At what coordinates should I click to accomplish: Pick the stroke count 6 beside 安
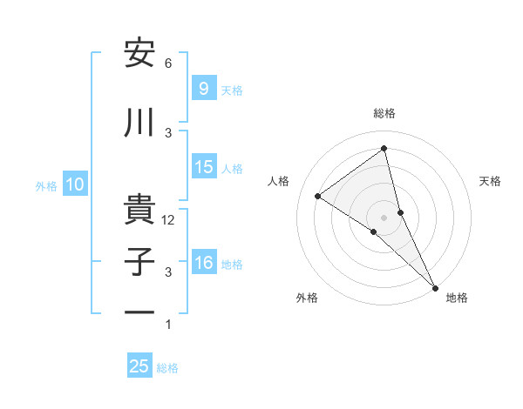coord(168,64)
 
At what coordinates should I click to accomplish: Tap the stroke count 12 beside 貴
coord(169,220)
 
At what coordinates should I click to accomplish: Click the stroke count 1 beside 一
coord(168,325)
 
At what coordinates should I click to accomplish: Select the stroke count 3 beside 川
coord(168,132)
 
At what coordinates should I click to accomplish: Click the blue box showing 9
coord(203,88)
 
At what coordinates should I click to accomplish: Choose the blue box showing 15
coord(204,167)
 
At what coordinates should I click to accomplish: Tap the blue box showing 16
coord(204,263)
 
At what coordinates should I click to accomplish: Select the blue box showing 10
coord(74,184)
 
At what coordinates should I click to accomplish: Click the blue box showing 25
coord(139,366)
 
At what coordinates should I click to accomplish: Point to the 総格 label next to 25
coord(167,368)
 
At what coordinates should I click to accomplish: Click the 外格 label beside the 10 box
coord(46,185)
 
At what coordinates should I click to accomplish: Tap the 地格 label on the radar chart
coord(457,298)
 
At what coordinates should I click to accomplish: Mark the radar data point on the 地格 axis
coord(435,286)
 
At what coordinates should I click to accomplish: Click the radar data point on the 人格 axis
coord(317,196)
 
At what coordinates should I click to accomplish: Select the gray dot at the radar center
coord(384,216)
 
